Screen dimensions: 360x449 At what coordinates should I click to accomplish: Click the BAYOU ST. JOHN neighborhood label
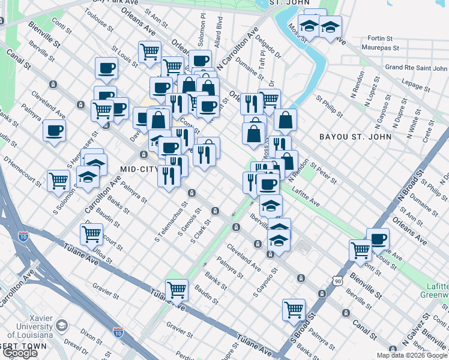point(355,137)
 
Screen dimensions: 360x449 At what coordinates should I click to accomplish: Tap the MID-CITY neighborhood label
point(140,169)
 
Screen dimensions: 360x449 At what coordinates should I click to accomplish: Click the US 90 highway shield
point(339,281)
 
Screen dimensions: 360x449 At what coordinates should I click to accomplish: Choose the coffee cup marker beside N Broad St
point(378,238)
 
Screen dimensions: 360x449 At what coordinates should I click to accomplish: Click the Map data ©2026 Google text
point(411,355)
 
